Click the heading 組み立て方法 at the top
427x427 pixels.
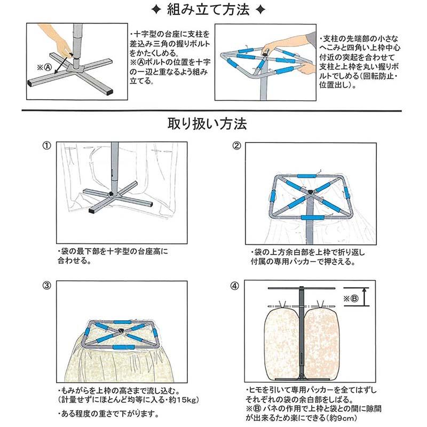[214, 10]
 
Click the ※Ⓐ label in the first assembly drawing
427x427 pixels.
[44, 68]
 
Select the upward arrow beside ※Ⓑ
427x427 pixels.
[364, 297]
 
